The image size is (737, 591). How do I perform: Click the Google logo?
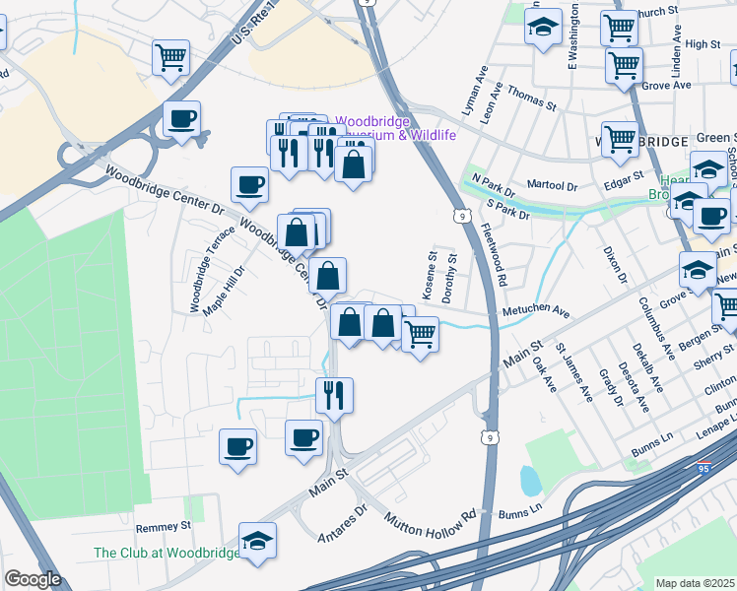(x=33, y=579)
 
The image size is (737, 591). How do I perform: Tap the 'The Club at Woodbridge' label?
(x=166, y=554)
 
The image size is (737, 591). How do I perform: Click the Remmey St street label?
(x=164, y=527)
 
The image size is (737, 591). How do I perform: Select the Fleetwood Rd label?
(x=494, y=254)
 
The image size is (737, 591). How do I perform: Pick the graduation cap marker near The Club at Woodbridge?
(x=257, y=540)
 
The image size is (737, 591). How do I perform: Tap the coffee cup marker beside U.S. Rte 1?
(x=181, y=119)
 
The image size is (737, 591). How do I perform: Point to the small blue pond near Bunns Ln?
(x=530, y=481)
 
